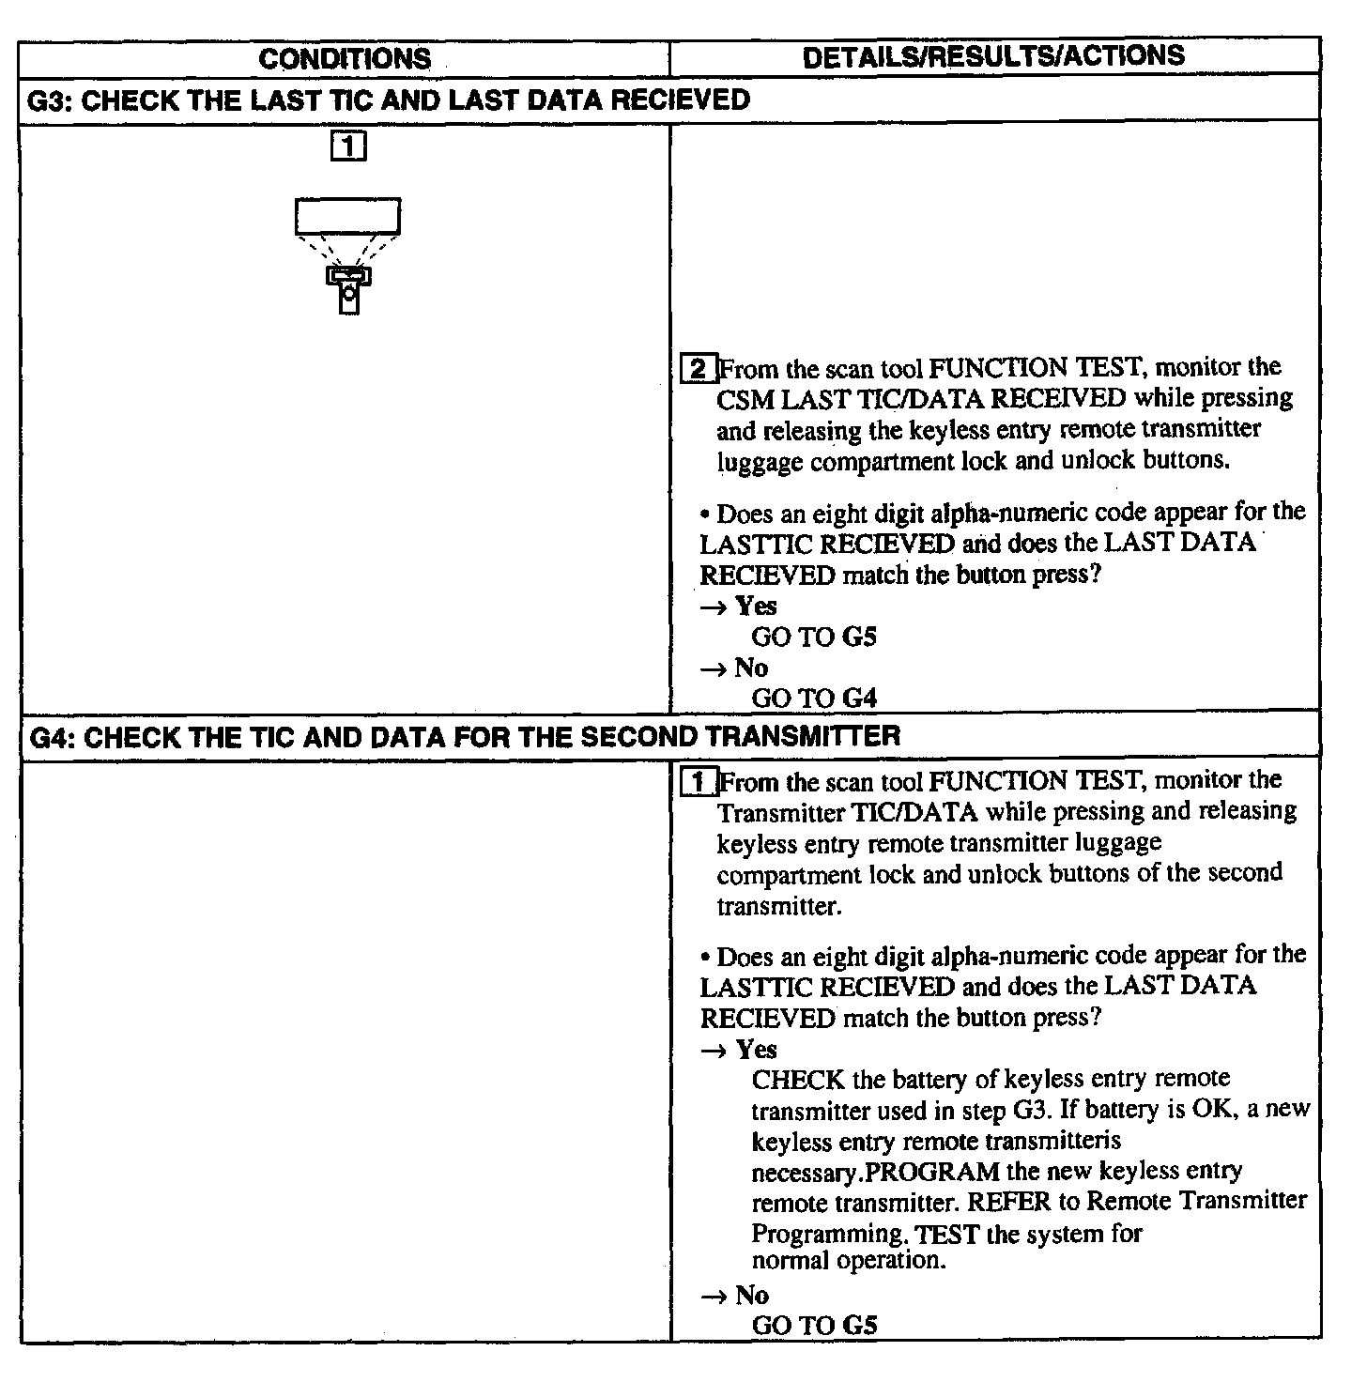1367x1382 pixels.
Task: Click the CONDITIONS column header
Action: tap(345, 58)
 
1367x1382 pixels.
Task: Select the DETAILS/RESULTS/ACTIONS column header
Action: tap(993, 56)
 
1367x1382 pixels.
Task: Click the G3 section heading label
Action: tap(388, 100)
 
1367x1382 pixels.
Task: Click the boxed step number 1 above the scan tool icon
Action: tap(348, 146)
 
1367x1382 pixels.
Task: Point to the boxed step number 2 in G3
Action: tap(698, 368)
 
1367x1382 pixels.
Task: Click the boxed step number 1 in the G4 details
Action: tap(698, 782)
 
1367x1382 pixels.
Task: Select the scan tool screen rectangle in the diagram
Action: tap(347, 216)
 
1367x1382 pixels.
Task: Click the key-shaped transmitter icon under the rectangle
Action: tap(348, 288)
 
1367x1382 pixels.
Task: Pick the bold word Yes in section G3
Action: tap(756, 606)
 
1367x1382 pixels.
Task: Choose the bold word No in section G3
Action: tap(751, 668)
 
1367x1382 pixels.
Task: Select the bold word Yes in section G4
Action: tap(756, 1049)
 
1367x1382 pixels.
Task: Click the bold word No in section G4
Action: tap(751, 1296)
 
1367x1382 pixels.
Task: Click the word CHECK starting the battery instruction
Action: tap(798, 1080)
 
